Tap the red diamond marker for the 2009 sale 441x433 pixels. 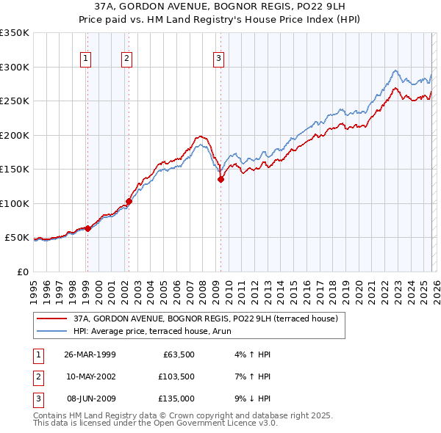[x=220, y=179]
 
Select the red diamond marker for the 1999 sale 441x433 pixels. [x=87, y=228]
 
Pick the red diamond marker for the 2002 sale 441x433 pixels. [x=129, y=200]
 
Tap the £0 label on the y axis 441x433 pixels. [x=21, y=272]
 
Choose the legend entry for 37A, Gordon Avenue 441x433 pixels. [x=205, y=319]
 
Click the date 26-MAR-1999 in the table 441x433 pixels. [x=90, y=355]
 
